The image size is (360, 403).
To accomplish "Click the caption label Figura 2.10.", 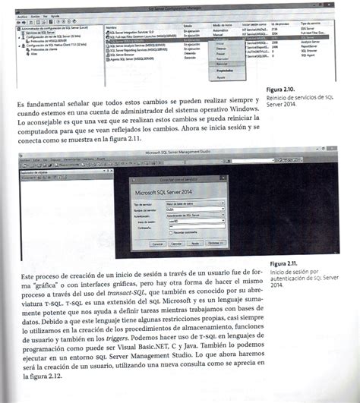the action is (281, 90).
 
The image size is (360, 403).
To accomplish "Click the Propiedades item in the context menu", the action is (226, 70).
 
